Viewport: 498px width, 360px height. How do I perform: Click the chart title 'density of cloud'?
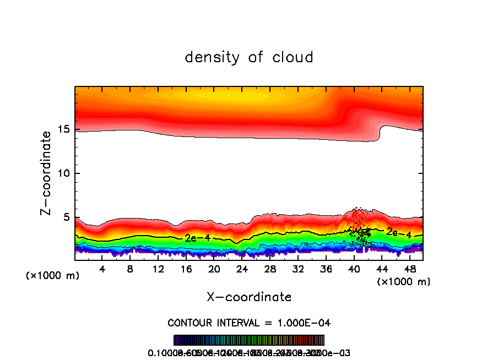[x=249, y=57]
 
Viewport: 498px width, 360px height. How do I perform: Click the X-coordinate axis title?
[x=249, y=297]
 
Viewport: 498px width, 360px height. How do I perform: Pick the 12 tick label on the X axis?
[x=158, y=269]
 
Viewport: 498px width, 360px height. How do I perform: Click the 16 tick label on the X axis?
[x=186, y=269]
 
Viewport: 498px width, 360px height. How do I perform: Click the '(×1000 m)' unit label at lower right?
[x=404, y=282]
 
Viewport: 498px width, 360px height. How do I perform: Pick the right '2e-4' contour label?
[x=398, y=233]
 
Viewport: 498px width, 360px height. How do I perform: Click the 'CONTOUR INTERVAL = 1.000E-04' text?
[x=249, y=323]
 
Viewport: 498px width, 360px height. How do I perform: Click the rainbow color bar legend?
[x=249, y=340]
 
